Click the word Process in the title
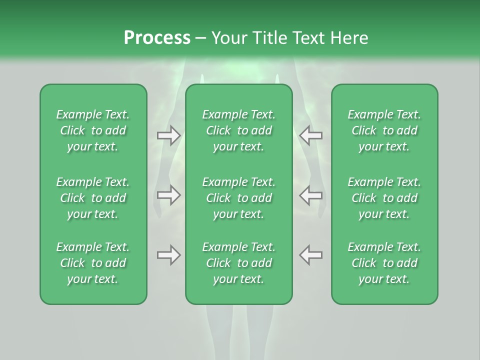[x=157, y=38]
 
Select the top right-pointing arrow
[x=168, y=135]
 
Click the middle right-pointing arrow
[x=168, y=194]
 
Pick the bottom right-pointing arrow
[x=168, y=255]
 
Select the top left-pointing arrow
[x=311, y=135]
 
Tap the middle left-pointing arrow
[x=311, y=194]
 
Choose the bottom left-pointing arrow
[x=311, y=255]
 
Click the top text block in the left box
[x=93, y=130]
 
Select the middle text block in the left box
[x=93, y=198]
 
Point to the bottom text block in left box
[x=93, y=263]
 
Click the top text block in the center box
[x=238, y=130]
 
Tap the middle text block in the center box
[x=238, y=198]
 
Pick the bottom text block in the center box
[x=238, y=263]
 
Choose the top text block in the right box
[x=384, y=130]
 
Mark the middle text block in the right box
[x=384, y=198]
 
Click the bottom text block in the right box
[x=384, y=263]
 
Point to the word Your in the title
[x=227, y=38]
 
